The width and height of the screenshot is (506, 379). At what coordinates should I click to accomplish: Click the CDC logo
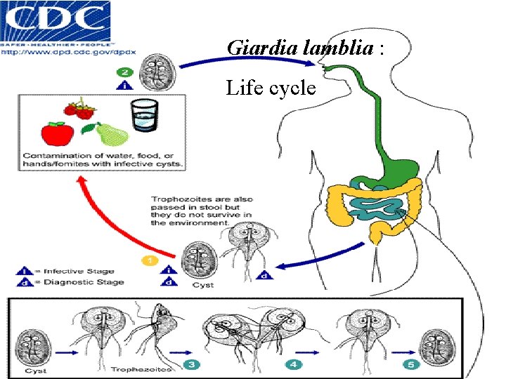(x=56, y=21)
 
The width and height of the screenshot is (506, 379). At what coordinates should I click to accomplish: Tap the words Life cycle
(x=271, y=88)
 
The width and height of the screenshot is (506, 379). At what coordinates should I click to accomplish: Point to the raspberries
(x=80, y=109)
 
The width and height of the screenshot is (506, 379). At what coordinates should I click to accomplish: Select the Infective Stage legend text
(x=77, y=271)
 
